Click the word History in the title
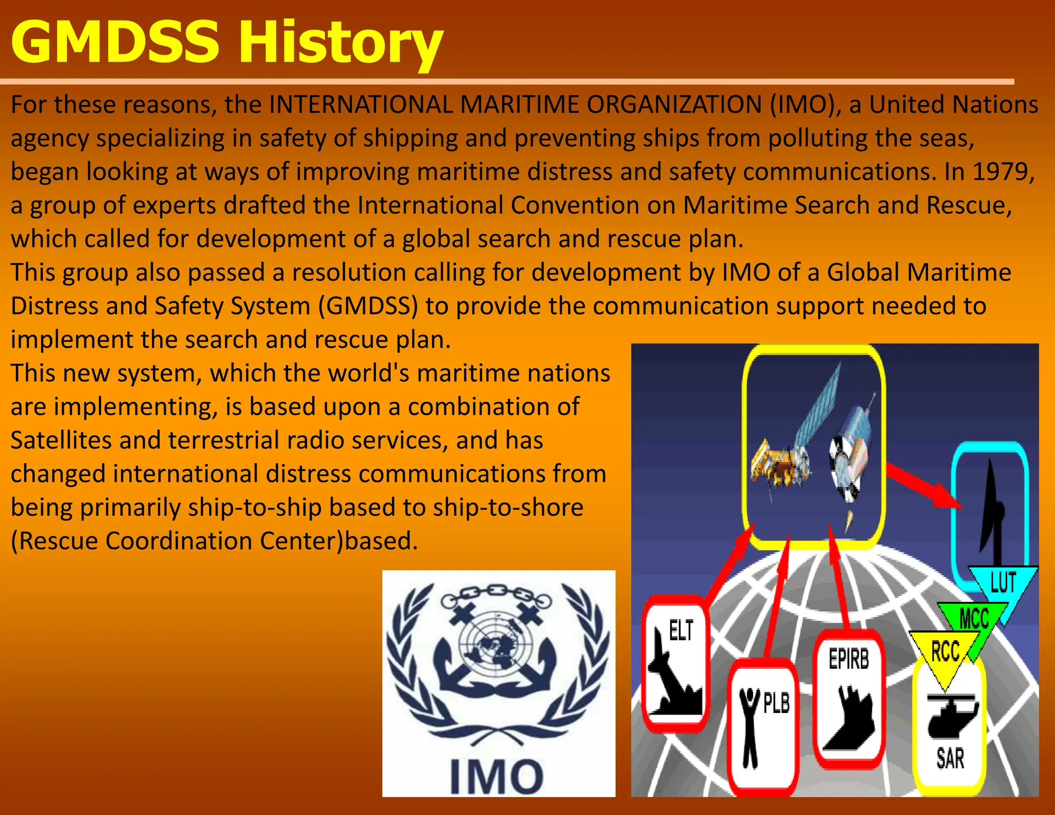point(340,42)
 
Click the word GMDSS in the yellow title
point(114,42)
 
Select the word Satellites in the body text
point(61,440)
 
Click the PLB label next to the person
point(776,703)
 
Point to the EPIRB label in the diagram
point(848,659)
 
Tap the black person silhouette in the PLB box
point(750,726)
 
